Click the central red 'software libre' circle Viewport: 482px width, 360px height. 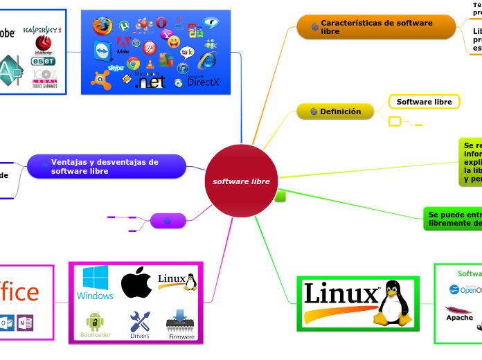click(241, 181)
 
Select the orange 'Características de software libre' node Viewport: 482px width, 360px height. click(376, 27)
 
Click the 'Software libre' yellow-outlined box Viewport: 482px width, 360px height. click(424, 102)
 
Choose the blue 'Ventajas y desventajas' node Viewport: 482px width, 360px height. click(106, 166)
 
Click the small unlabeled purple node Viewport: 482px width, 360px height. click(168, 221)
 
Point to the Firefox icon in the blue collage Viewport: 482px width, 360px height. click(102, 26)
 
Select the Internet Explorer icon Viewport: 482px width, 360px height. click(206, 60)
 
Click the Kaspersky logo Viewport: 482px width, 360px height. click(42, 30)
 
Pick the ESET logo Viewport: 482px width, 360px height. click(43, 61)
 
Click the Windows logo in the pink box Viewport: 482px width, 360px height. click(96, 282)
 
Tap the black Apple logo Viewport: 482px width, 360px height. click(136, 282)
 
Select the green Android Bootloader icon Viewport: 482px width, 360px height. click(96, 322)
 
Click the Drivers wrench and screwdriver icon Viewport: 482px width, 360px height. click(140, 321)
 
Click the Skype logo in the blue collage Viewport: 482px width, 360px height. click(116, 67)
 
